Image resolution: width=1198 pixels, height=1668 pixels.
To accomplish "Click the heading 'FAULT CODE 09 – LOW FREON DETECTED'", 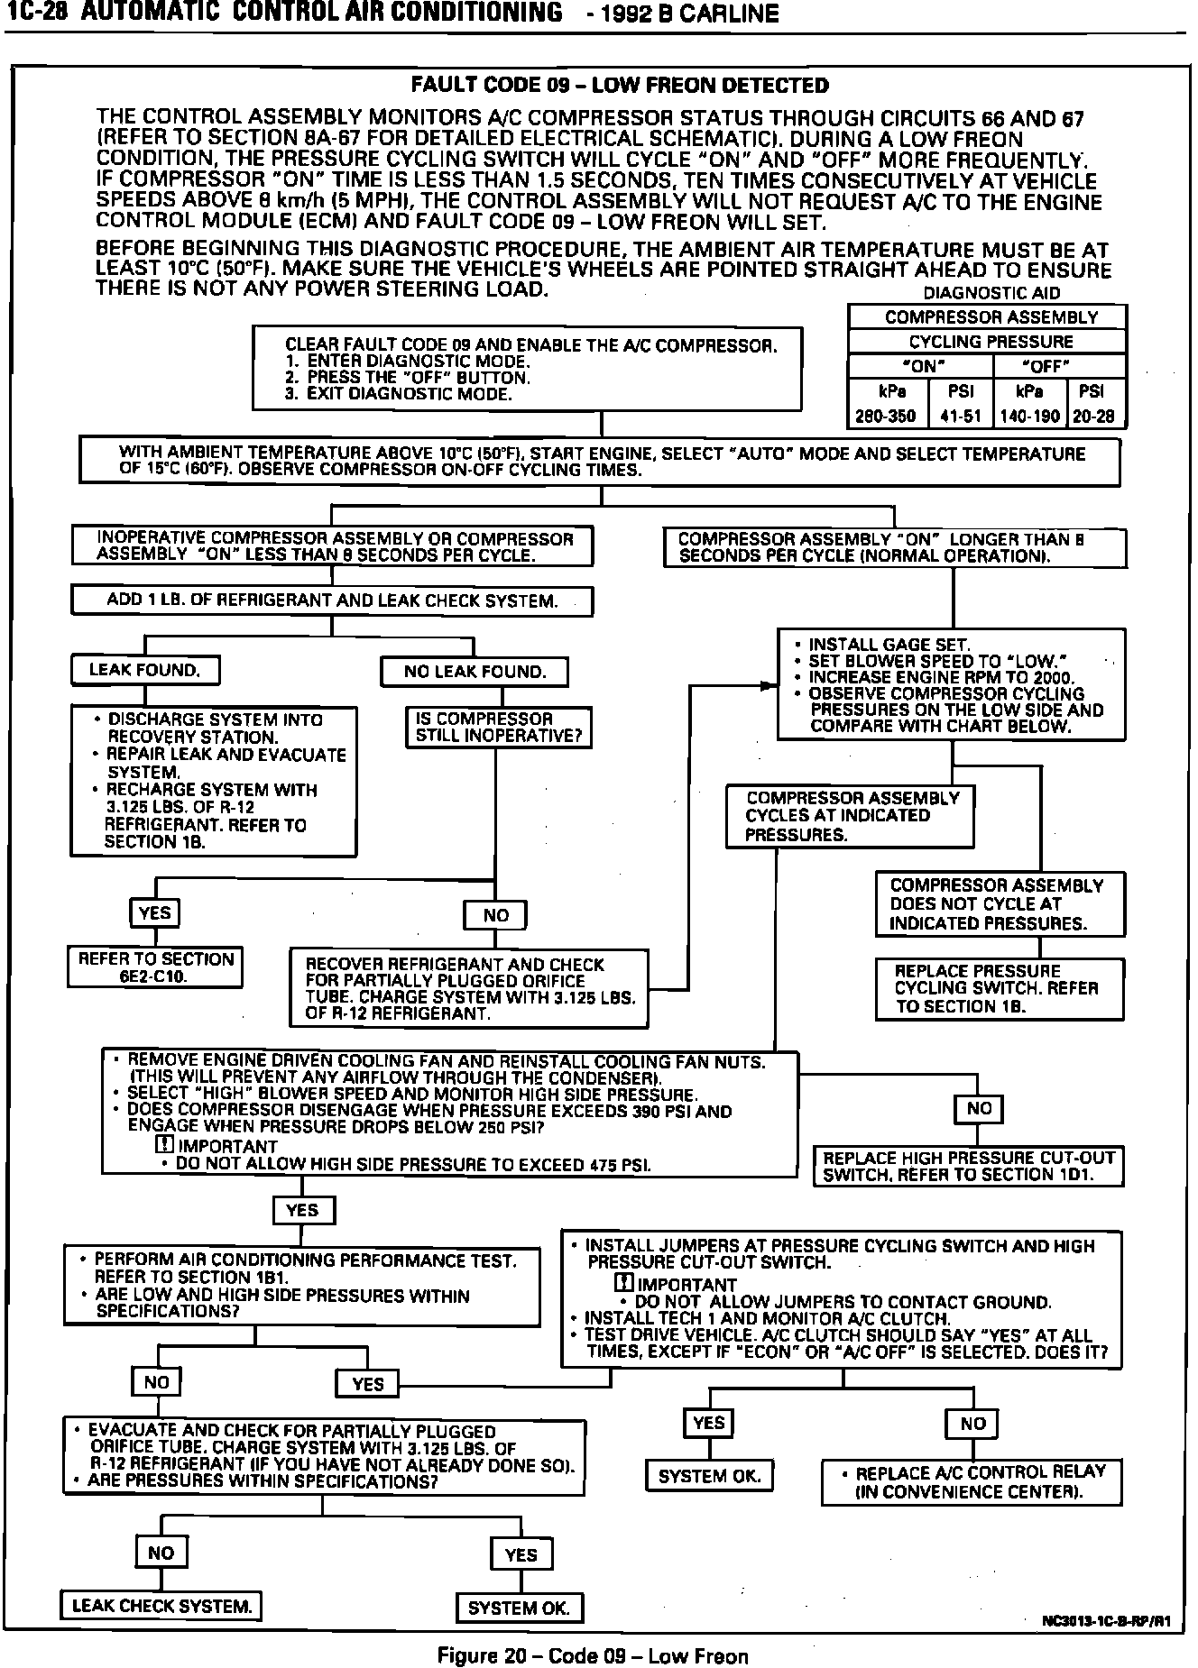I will (619, 86).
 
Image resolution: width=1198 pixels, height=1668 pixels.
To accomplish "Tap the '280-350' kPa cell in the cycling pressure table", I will (885, 417).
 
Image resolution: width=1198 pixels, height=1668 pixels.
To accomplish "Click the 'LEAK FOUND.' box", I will (145, 670).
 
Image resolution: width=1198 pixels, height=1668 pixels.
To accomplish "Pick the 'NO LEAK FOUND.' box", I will (475, 672).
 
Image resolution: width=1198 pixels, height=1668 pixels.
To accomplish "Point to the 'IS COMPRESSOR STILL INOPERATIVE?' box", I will (498, 728).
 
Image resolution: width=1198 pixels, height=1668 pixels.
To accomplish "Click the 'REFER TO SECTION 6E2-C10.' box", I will (155, 967).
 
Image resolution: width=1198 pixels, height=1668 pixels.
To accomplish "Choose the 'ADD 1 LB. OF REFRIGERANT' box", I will (332, 600).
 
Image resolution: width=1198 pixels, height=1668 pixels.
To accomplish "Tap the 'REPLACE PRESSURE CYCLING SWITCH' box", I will (1000, 989).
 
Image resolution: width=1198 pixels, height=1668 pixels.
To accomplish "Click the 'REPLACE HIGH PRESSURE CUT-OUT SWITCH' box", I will (969, 1166).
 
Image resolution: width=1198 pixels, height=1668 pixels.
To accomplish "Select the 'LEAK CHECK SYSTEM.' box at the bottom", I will (161, 1606).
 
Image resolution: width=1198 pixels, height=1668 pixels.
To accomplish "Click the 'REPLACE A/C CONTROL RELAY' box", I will (971, 1482).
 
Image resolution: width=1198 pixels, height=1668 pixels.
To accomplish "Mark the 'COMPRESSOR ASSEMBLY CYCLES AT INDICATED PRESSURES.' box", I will (850, 816).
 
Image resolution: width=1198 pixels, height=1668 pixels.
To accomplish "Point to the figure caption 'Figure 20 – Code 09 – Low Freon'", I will (593, 1655).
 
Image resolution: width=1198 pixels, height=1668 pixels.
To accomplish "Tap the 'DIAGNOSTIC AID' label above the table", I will (991, 293).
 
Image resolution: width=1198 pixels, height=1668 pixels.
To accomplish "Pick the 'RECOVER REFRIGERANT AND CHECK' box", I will (469, 988).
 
